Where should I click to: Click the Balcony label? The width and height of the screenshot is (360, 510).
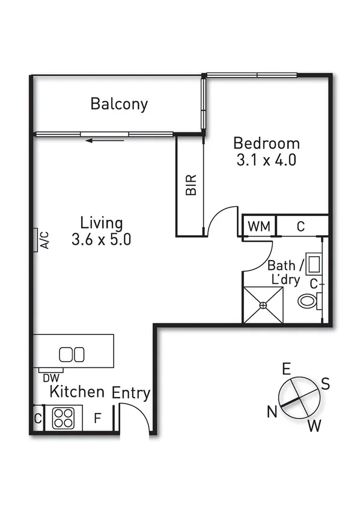[x=119, y=103]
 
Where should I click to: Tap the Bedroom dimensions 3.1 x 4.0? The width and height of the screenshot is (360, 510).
[x=267, y=161]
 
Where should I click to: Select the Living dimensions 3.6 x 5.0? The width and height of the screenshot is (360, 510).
[x=101, y=239]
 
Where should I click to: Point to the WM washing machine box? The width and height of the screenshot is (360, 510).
[x=259, y=227]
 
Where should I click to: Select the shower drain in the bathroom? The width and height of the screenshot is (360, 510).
[x=263, y=306]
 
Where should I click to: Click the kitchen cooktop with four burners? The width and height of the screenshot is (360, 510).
[x=63, y=417]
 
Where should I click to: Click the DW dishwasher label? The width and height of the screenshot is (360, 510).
[x=50, y=378]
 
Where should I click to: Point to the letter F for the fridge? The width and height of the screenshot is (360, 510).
[x=97, y=419]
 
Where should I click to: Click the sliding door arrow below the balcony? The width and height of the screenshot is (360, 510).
[x=105, y=141]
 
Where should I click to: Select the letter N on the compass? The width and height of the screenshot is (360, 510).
[x=272, y=411]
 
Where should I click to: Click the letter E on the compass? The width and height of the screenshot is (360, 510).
[x=287, y=368]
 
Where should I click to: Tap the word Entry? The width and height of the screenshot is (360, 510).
[x=131, y=393]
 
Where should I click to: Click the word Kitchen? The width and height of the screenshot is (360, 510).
[x=76, y=392]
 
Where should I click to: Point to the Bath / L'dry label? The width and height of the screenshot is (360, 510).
[x=283, y=272]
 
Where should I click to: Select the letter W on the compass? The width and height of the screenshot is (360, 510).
[x=314, y=427]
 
